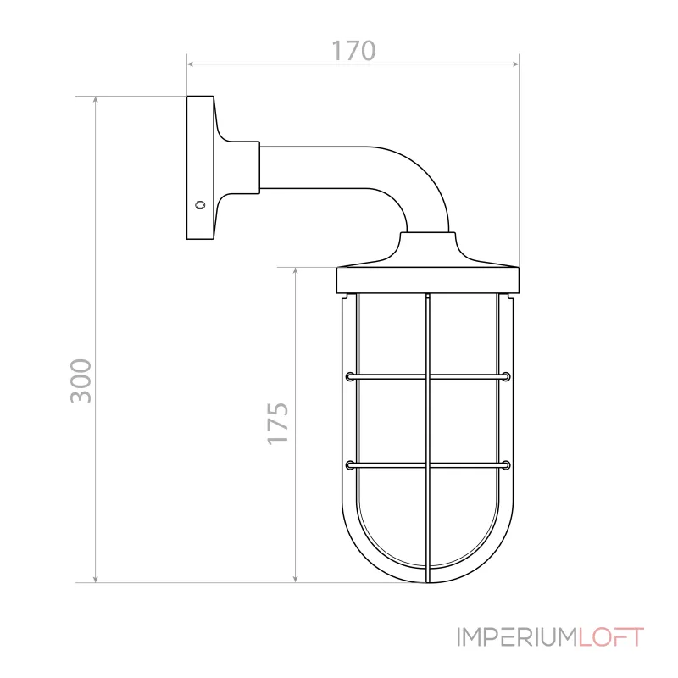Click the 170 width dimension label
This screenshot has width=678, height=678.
(352, 51)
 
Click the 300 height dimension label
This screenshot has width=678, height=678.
(81, 381)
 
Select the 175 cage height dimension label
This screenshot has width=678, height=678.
(279, 423)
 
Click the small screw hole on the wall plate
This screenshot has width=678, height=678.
(200, 204)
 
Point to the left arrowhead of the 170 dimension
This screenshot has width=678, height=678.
(191, 64)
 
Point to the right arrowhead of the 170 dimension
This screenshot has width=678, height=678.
(514, 64)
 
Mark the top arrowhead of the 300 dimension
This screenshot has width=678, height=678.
(96, 101)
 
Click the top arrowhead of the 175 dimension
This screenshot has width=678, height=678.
(294, 272)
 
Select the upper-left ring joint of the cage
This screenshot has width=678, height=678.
(349, 375)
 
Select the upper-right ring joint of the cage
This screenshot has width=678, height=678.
(506, 375)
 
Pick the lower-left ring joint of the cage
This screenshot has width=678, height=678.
(349, 464)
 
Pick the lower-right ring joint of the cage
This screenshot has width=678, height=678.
(506, 464)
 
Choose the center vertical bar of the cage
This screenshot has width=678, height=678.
(428, 424)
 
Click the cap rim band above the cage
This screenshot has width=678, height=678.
(428, 280)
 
